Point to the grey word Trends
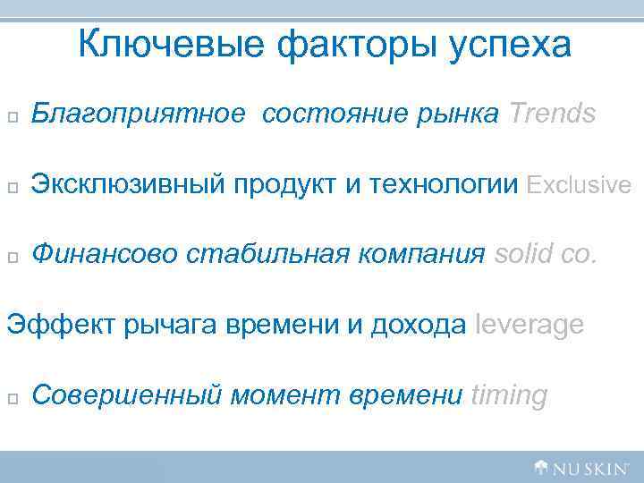(552, 114)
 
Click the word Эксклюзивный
(131, 185)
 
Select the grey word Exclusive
(580, 185)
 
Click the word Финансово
(106, 256)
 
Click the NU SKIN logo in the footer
(581, 466)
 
